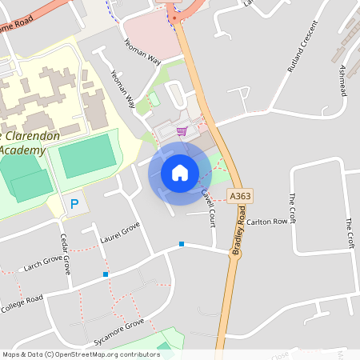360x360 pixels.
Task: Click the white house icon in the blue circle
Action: click(180, 173)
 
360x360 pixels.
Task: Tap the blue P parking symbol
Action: click(74, 205)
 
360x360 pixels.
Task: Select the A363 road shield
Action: click(237, 195)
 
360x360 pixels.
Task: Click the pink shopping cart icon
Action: click(182, 131)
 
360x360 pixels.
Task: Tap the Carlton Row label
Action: click(266, 222)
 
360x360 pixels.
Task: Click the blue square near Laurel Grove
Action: click(106, 274)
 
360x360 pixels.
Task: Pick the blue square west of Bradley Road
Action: click(182, 243)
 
